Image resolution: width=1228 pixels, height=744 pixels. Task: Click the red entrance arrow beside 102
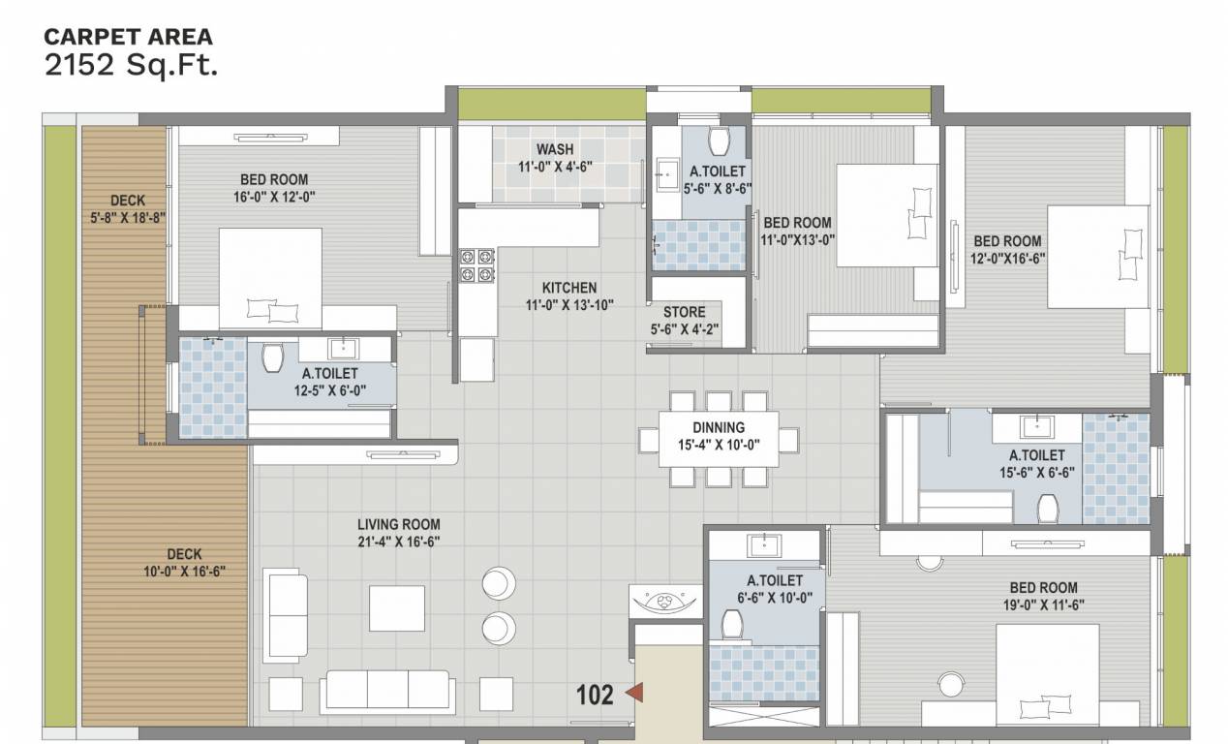pyautogui.click(x=635, y=693)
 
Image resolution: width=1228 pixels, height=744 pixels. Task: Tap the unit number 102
pyautogui.click(x=595, y=695)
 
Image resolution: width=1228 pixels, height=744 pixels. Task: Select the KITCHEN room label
pyautogui.click(x=568, y=288)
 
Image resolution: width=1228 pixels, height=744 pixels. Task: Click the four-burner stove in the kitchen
pyautogui.click(x=476, y=265)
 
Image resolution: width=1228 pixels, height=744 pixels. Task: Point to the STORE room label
pyautogui.click(x=684, y=312)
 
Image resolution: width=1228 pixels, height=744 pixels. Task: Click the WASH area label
pyautogui.click(x=555, y=149)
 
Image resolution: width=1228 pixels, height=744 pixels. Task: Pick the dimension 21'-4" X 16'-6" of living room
pyautogui.click(x=399, y=542)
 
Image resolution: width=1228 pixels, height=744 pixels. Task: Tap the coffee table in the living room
pyautogui.click(x=396, y=607)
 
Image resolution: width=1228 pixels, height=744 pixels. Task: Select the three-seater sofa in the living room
pyautogui.click(x=387, y=690)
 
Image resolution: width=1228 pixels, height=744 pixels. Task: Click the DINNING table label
pyautogui.click(x=718, y=427)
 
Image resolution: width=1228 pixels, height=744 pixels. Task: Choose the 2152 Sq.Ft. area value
pyautogui.click(x=131, y=66)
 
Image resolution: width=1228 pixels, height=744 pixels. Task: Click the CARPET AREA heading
pyautogui.click(x=128, y=38)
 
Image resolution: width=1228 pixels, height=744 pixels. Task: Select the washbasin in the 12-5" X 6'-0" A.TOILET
pyautogui.click(x=342, y=349)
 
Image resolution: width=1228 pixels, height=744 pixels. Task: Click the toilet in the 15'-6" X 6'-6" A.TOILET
pyautogui.click(x=1048, y=508)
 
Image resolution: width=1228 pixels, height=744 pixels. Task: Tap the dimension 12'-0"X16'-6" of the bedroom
pyautogui.click(x=1007, y=258)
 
